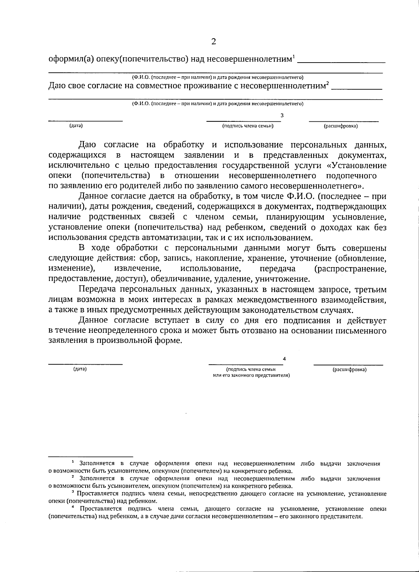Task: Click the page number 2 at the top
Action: pos(213,42)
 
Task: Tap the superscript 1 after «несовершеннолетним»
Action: pos(294,56)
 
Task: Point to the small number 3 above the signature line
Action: pos(282,115)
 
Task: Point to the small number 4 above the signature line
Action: pos(284,359)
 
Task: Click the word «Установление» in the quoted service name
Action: pos(360,165)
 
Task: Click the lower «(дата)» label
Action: pos(80,369)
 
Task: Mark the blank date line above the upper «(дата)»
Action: pos(85,121)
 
